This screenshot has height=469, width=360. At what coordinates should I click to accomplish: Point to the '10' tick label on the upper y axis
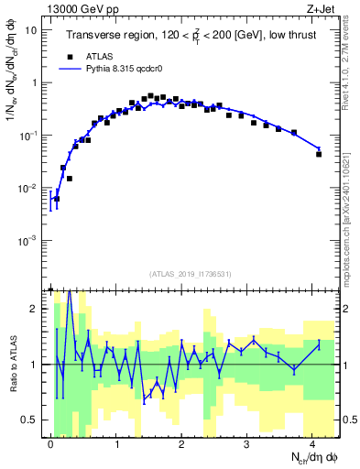[x=30, y=30]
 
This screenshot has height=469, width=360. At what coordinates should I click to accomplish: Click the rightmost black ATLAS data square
[x=319, y=154]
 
